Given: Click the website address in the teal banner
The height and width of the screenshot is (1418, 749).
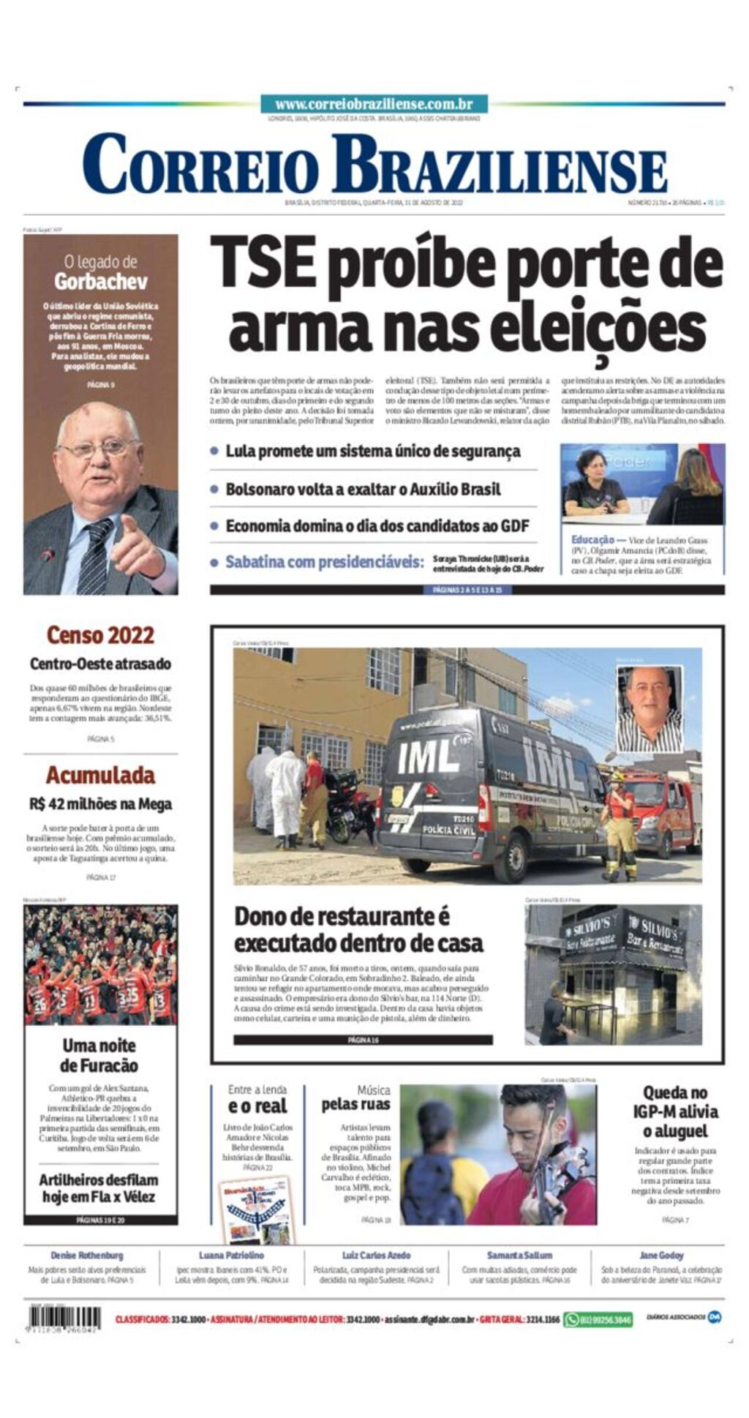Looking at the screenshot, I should [374, 105].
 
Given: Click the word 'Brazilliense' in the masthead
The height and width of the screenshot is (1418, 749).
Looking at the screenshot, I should [499, 165].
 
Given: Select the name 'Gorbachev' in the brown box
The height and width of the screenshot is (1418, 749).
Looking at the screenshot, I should [101, 282].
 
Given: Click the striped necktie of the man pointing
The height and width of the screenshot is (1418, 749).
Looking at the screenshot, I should [95, 555].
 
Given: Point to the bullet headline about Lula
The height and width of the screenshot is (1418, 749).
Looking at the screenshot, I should [373, 451].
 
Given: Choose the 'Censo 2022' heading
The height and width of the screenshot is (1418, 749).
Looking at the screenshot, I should [100, 634].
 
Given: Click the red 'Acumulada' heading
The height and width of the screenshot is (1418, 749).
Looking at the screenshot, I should [100, 775].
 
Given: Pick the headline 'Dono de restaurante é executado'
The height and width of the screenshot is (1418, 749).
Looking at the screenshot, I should [358, 929].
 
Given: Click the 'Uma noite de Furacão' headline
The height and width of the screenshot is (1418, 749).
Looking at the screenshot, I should [99, 1055].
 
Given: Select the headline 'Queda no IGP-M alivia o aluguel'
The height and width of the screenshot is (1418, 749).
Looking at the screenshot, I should [675, 1111].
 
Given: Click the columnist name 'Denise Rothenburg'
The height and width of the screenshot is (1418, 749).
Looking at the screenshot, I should [87, 1255].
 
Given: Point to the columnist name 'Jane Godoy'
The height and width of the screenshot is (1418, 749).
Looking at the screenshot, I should [661, 1255].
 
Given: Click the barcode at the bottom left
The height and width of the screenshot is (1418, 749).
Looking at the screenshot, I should [64, 1319].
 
